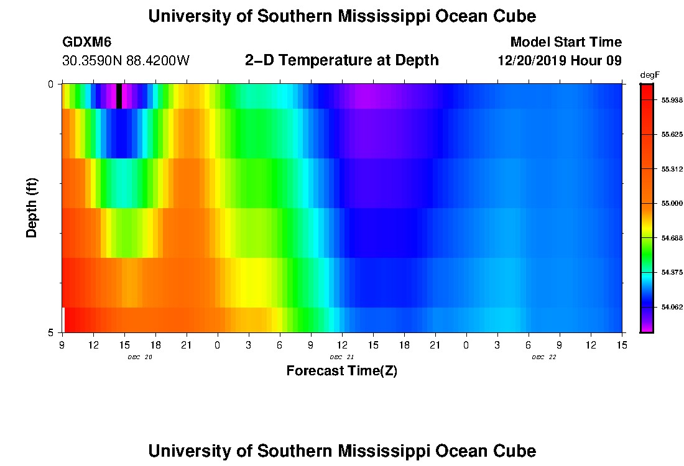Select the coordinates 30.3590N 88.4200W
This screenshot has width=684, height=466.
pyautogui.click(x=126, y=61)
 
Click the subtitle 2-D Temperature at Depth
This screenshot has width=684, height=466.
pyautogui.click(x=342, y=60)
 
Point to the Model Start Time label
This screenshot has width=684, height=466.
pyautogui.click(x=565, y=42)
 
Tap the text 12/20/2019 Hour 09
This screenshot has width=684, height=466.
pyautogui.click(x=560, y=61)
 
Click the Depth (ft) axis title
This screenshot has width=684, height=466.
pyautogui.click(x=32, y=208)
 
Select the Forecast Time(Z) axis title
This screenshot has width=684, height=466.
pyautogui.click(x=341, y=371)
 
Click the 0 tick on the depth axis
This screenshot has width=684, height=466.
pyautogui.click(x=50, y=84)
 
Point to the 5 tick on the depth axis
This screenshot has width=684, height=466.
pyautogui.click(x=50, y=332)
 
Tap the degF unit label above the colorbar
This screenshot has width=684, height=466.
pyautogui.click(x=649, y=75)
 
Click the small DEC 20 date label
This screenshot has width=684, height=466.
pyautogui.click(x=140, y=357)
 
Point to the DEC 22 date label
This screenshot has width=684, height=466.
pyautogui.click(x=543, y=357)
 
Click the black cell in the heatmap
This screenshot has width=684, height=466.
pyautogui.click(x=119, y=96)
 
